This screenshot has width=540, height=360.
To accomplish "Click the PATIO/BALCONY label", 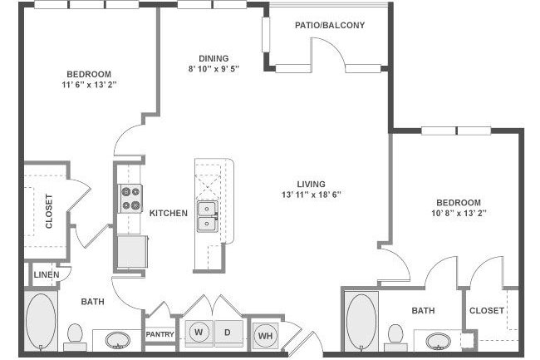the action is pyautogui.click(x=330, y=25).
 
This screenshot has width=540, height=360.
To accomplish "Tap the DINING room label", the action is pyautogui.click(x=214, y=58).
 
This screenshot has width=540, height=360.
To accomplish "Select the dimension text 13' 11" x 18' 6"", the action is pyautogui.click(x=312, y=195).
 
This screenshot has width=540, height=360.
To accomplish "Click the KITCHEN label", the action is pyautogui.click(x=169, y=213).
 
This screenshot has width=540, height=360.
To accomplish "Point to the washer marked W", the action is pyautogui.click(x=199, y=333).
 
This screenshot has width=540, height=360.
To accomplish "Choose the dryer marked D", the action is pyautogui.click(x=228, y=333).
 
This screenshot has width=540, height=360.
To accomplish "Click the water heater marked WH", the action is pyautogui.click(x=265, y=336).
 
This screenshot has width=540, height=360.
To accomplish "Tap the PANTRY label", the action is pyautogui.click(x=160, y=334).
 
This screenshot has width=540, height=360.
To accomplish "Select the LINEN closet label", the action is pyautogui.click(x=47, y=275).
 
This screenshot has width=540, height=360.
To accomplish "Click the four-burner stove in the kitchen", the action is pyautogui.click(x=131, y=199).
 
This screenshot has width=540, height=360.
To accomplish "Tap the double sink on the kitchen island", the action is pyautogui.click(x=207, y=216).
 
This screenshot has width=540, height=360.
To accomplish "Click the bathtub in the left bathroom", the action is pyautogui.click(x=41, y=322).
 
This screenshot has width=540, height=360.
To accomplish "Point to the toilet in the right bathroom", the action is pyautogui.click(x=395, y=338).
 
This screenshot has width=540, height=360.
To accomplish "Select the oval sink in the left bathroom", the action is pyautogui.click(x=118, y=340).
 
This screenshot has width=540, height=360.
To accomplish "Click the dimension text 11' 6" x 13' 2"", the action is pyautogui.click(x=89, y=85).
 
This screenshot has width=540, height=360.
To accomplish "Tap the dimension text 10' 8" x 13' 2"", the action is pyautogui.click(x=459, y=213).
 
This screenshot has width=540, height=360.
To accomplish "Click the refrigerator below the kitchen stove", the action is pyautogui.click(x=132, y=251).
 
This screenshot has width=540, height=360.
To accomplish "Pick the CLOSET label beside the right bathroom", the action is pyautogui.click(x=487, y=310).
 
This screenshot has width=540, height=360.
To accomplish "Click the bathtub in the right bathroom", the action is pyautogui.click(x=361, y=322).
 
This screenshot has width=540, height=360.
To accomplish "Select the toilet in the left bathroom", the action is pyautogui.click(x=75, y=338).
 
